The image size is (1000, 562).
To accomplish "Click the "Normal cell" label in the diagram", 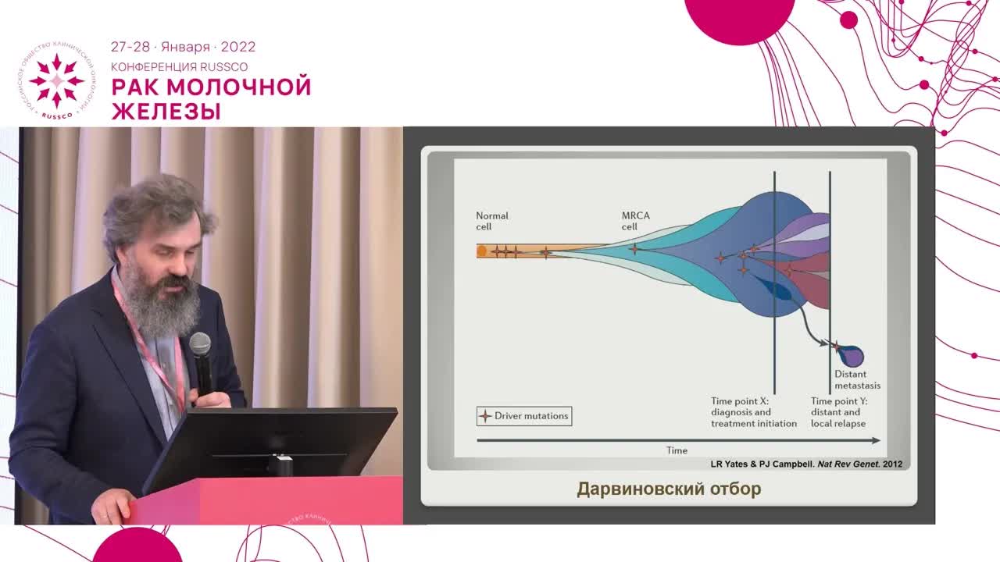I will [492, 221].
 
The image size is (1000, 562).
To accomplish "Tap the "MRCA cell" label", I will [635, 221].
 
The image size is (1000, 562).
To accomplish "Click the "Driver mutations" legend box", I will [524, 416].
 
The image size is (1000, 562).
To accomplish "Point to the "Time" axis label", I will [677, 450].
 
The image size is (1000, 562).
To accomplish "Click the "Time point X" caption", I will [753, 412].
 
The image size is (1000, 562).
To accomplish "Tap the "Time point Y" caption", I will [838, 412].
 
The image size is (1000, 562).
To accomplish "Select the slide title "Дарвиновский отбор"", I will [669, 489].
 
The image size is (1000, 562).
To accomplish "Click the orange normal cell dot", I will [482, 251].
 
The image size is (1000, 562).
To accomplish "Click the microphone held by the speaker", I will [201, 359].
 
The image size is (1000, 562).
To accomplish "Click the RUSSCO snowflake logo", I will [56, 81].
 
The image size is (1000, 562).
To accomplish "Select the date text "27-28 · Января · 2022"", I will [183, 47].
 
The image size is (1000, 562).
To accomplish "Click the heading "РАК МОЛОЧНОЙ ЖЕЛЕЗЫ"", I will [211, 98].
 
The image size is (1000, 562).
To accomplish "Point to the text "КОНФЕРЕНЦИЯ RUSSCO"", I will [179, 67].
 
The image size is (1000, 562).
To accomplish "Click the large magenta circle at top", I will [739, 17].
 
